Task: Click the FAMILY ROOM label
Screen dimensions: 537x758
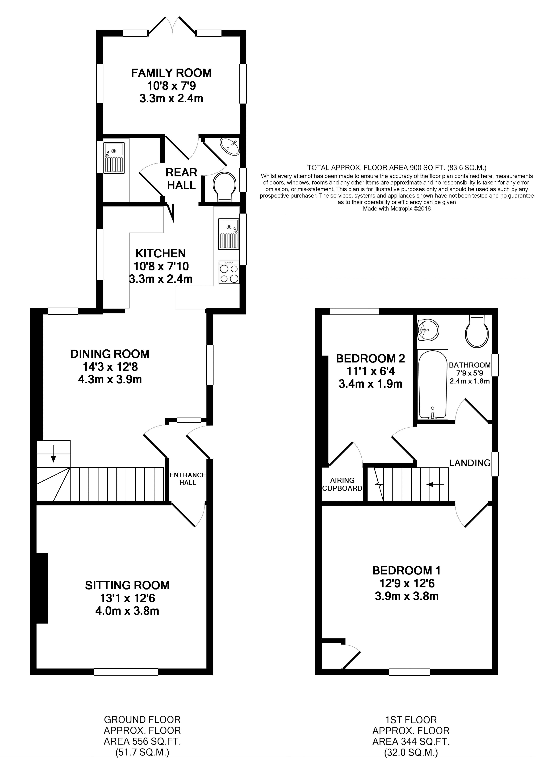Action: (x=171, y=73)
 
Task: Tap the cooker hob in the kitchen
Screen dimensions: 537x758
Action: (x=229, y=272)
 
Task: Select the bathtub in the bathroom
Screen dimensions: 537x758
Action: (x=432, y=384)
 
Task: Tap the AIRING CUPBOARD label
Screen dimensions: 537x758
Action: (x=342, y=484)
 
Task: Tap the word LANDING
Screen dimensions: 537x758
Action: (x=470, y=463)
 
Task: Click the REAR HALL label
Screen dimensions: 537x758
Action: (x=181, y=179)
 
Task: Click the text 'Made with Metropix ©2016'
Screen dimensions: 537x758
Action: (x=397, y=209)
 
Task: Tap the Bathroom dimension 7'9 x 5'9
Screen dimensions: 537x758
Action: (x=470, y=373)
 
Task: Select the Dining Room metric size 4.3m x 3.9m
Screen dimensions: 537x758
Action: (x=110, y=379)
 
